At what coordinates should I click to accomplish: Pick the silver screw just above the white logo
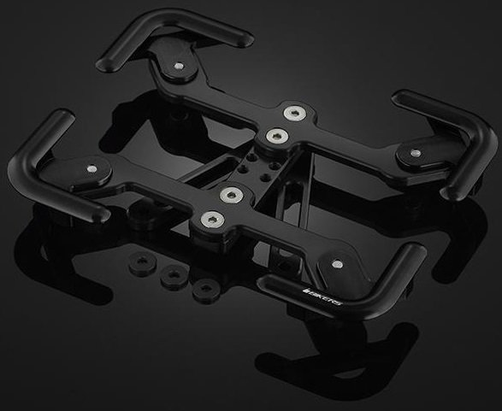[x=341, y=263]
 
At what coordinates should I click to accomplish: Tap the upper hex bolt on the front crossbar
[x=230, y=195]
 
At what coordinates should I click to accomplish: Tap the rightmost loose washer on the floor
[x=203, y=289]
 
